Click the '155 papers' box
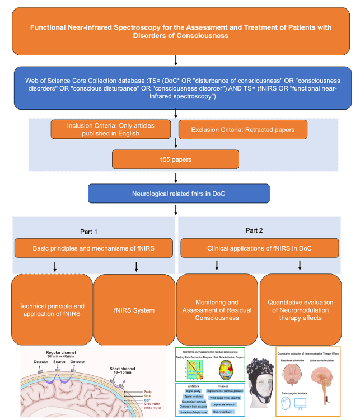tap(176, 159)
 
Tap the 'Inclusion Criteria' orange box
tap(110, 129)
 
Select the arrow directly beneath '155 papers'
tap(176, 177)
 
